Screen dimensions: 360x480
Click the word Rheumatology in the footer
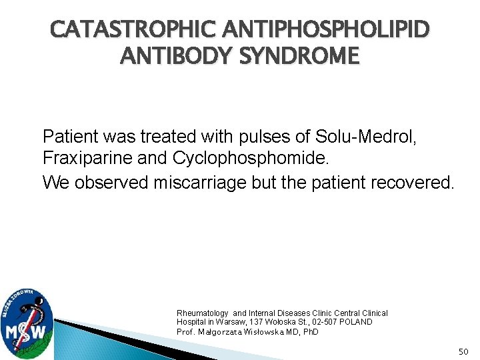[202, 313]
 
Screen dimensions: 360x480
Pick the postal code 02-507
[321, 322]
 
